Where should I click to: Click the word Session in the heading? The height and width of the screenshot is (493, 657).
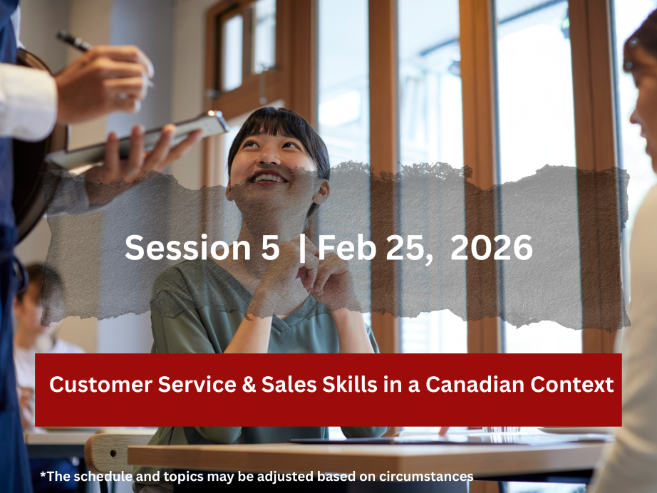(188, 247)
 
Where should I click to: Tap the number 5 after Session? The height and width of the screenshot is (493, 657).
(270, 247)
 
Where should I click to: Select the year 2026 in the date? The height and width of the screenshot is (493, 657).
(491, 247)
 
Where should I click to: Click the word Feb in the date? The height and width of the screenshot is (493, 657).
(347, 247)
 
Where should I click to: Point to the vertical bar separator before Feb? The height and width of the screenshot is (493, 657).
(303, 249)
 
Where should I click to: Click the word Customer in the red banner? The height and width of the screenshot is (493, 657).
(101, 385)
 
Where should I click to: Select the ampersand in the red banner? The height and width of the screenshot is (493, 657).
(249, 385)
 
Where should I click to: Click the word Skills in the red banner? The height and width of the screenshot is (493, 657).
(349, 384)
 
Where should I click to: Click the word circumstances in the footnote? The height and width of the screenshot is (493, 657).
(426, 477)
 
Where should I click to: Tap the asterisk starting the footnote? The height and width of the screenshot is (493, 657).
(43, 474)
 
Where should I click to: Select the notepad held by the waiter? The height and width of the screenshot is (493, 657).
(137, 140)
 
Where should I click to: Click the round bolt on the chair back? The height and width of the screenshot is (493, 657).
(113, 453)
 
